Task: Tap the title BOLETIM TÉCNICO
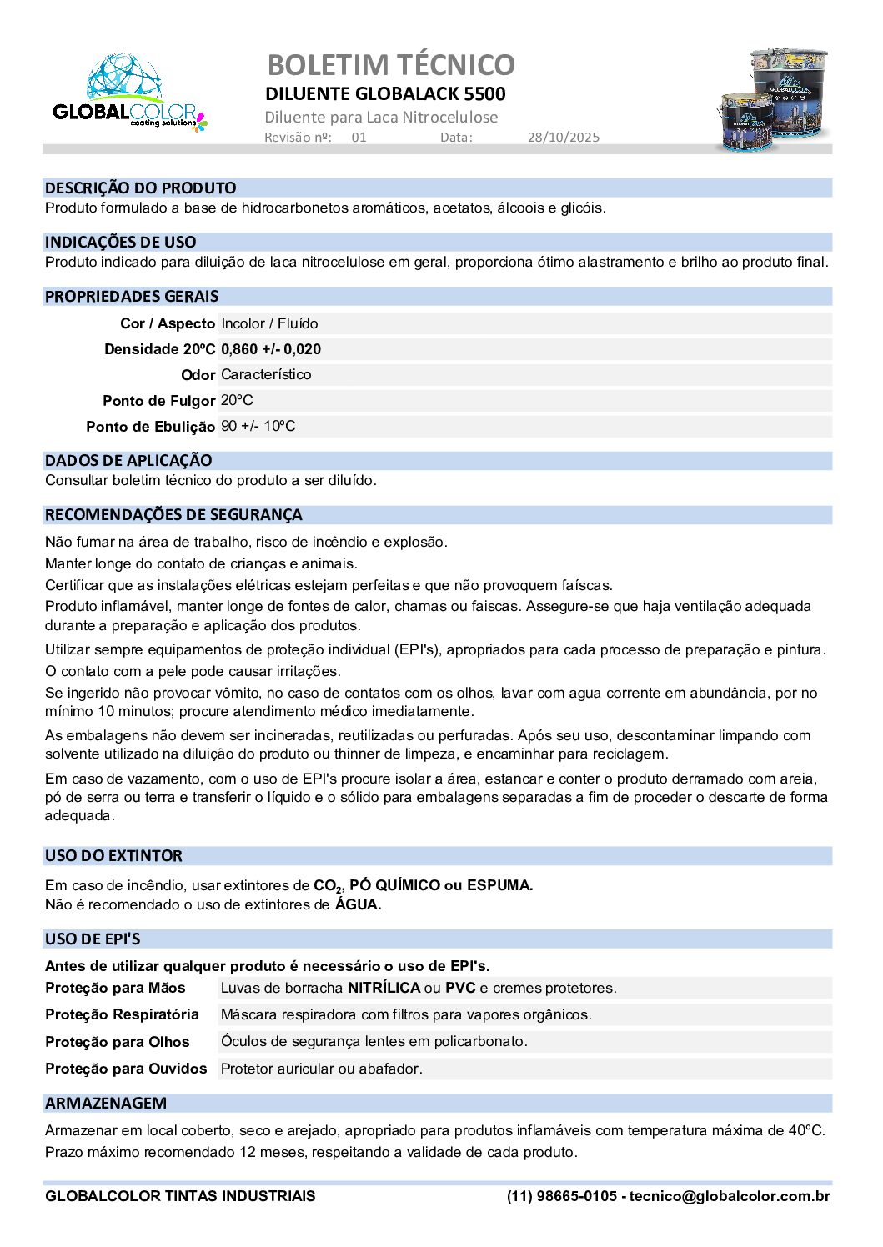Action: [x=390, y=64]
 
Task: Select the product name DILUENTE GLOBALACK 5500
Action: [x=385, y=93]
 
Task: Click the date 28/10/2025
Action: [x=563, y=138]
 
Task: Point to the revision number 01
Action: [x=359, y=138]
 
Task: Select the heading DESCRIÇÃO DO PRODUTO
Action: [x=140, y=188]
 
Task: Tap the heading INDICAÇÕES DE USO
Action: [x=120, y=243]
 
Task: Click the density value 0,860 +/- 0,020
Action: [x=271, y=349]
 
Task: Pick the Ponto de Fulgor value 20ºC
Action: [x=237, y=401]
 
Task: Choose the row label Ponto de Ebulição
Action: [x=150, y=427]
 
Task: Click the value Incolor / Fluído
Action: [x=269, y=323]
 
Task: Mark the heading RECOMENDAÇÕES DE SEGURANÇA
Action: [x=173, y=515]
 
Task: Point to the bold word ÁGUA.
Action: [x=358, y=904]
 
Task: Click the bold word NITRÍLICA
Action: [x=384, y=988]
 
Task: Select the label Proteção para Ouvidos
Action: [x=126, y=1069]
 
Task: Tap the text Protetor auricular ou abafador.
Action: [x=321, y=1069]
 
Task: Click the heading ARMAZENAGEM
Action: [x=106, y=1104]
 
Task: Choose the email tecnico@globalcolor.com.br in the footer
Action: [x=730, y=1196]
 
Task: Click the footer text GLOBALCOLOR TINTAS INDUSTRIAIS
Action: [x=180, y=1196]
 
